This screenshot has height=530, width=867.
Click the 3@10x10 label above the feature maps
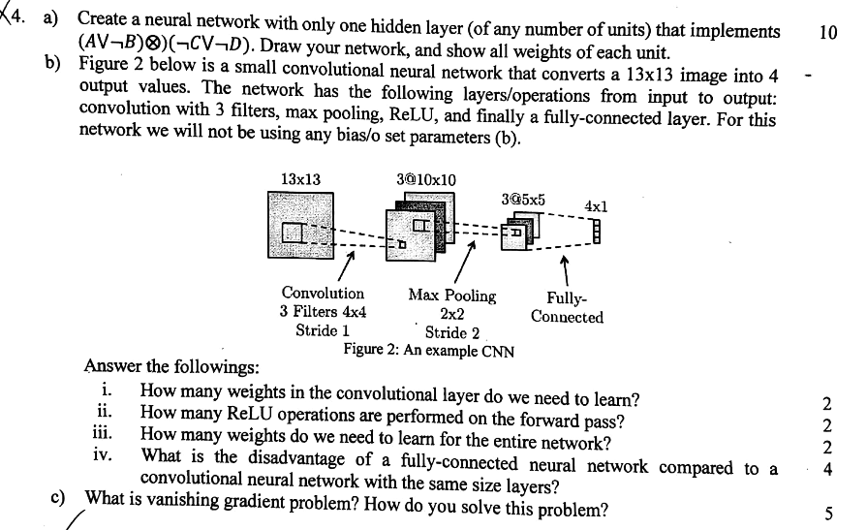click(x=426, y=179)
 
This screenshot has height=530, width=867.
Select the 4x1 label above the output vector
click(x=596, y=206)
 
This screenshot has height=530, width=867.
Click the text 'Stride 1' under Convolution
click(x=323, y=329)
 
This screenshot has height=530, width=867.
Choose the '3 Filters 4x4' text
click(x=323, y=311)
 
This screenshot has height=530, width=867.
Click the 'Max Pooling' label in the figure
click(x=451, y=296)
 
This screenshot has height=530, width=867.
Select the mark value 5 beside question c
click(x=826, y=513)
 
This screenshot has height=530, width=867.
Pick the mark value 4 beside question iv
click(x=826, y=470)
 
